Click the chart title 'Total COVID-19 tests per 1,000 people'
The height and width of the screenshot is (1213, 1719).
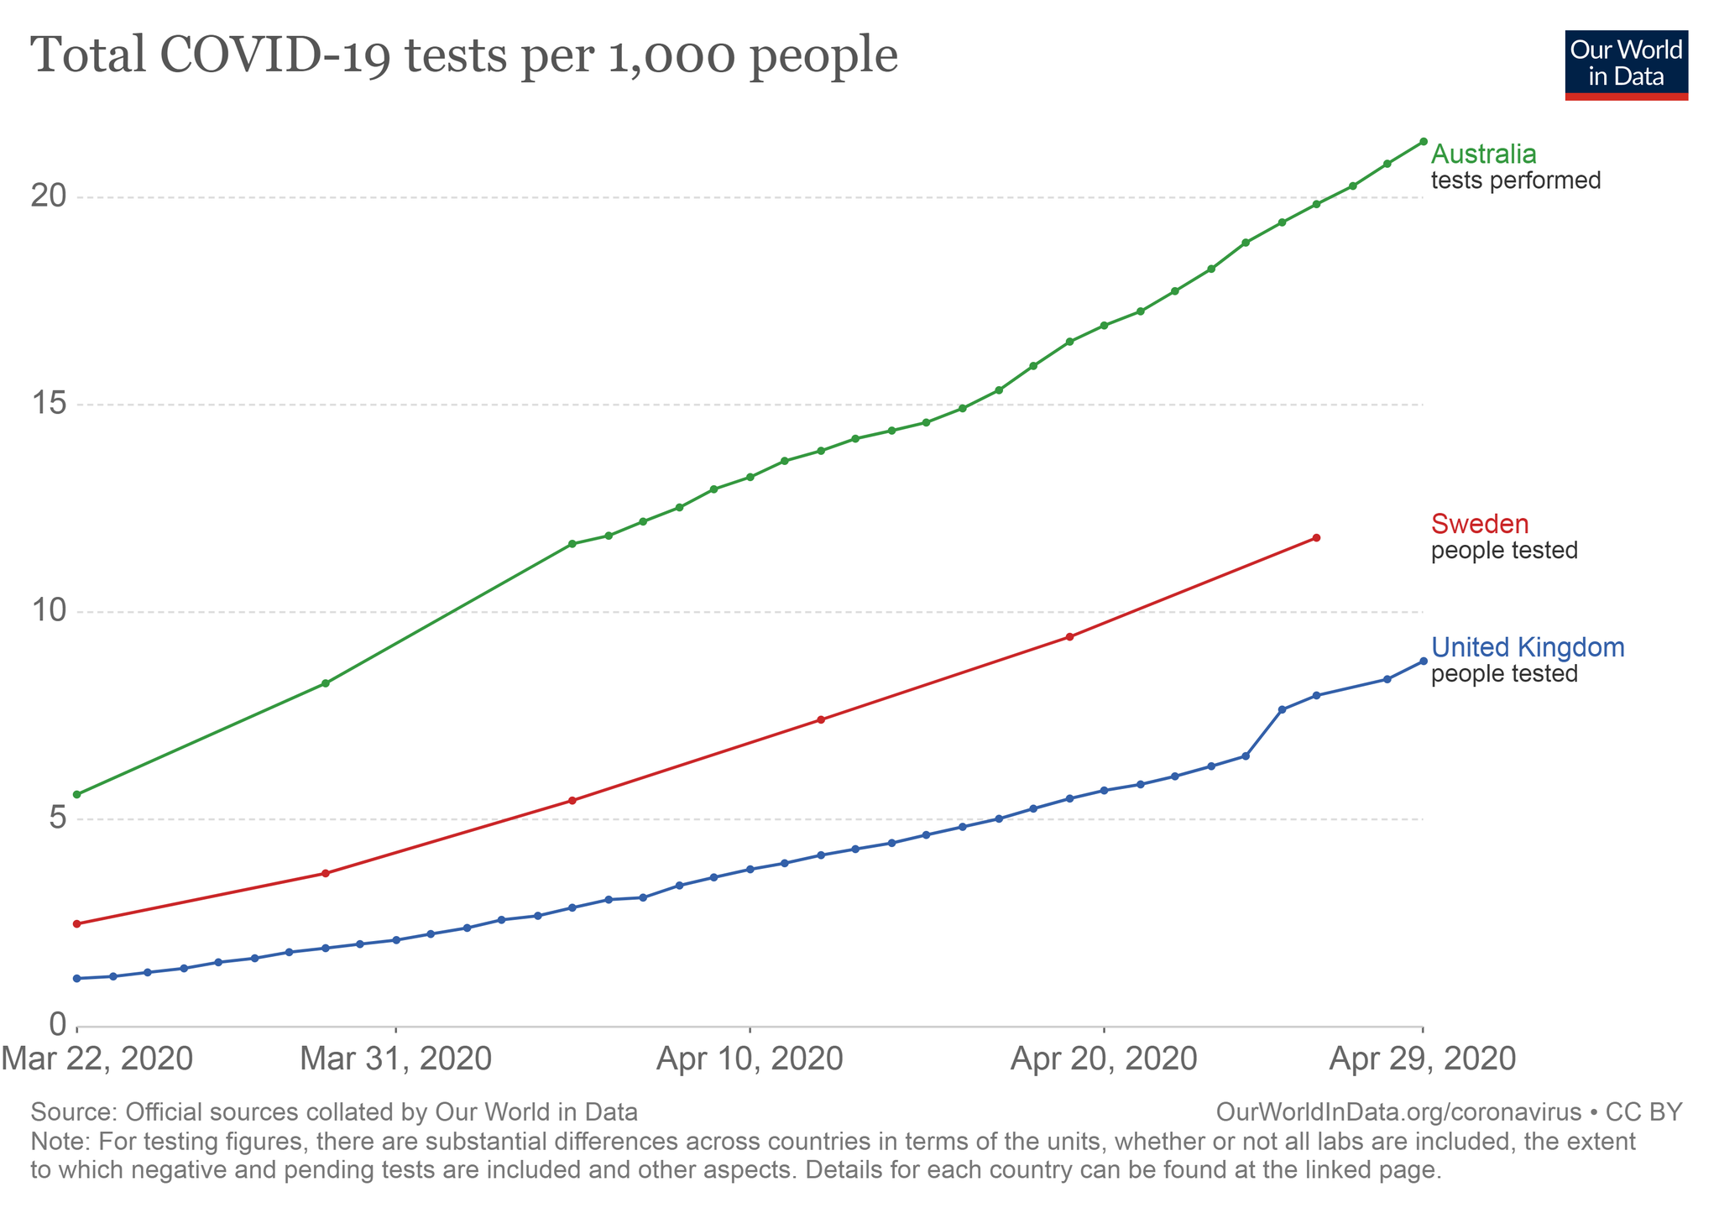coord(464,55)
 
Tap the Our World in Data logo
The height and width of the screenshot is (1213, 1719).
coord(1626,65)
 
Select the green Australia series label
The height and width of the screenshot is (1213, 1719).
coord(1483,154)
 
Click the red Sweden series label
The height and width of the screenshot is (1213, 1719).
coord(1479,524)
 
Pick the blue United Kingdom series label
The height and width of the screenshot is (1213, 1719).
coord(1528,647)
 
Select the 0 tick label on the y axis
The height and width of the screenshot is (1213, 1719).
coord(56,1024)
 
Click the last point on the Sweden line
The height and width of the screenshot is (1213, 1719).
coord(1316,537)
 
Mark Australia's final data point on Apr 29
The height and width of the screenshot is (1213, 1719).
coord(1423,141)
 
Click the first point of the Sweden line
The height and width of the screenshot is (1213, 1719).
coord(77,923)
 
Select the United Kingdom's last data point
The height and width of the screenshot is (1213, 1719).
coord(1423,661)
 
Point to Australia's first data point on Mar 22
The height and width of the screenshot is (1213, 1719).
coord(77,794)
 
